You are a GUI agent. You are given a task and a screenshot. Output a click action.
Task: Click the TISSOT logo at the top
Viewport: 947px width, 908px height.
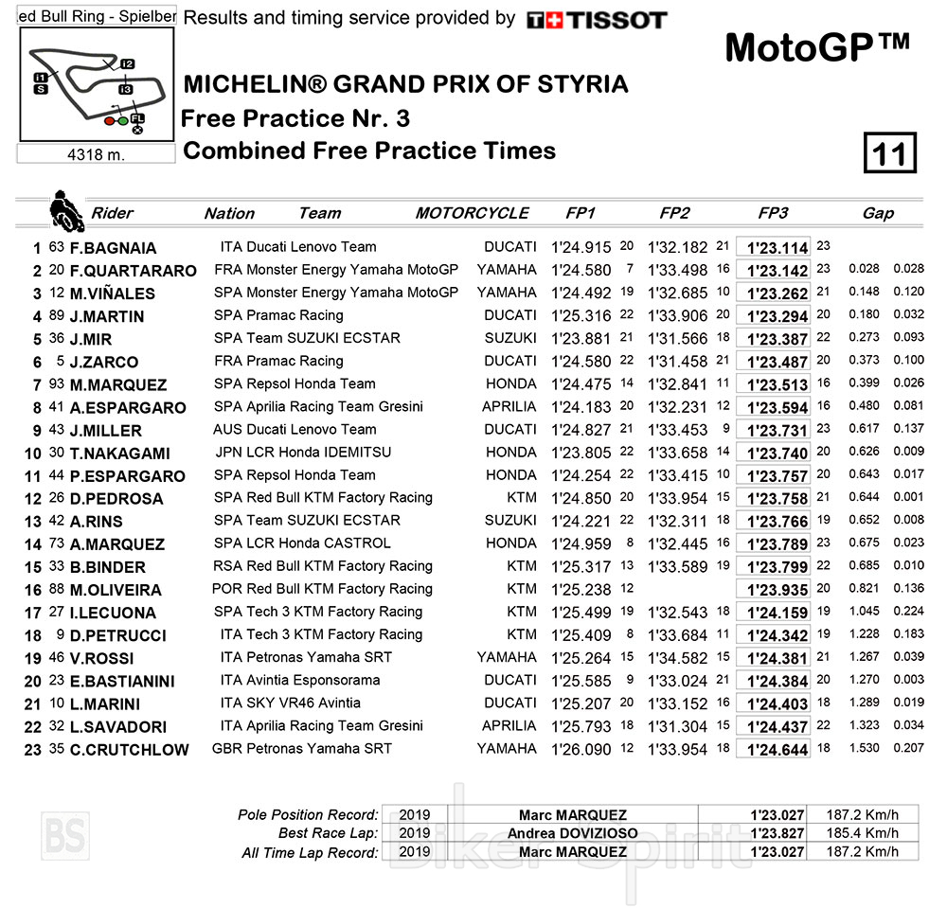597,20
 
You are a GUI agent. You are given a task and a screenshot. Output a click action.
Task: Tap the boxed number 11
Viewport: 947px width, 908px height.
890,153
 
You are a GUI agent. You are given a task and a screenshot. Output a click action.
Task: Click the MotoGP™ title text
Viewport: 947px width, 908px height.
816,47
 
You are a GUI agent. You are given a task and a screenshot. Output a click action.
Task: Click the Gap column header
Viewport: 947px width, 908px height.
878,213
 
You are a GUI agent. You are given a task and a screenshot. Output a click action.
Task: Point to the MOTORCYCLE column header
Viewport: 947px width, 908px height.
472,213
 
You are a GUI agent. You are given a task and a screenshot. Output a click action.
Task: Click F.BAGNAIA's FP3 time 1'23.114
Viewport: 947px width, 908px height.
777,248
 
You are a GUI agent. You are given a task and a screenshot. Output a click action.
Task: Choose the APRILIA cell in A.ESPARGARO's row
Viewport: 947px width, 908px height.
509,406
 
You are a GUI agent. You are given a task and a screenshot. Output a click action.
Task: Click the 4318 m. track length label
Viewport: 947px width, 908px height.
97,153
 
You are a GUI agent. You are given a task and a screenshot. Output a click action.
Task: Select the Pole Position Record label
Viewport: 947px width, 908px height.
310,814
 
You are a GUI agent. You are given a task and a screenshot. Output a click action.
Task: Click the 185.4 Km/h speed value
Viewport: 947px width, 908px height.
861,833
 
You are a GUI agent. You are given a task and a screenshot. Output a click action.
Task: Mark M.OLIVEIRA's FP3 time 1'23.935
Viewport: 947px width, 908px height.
777,590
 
